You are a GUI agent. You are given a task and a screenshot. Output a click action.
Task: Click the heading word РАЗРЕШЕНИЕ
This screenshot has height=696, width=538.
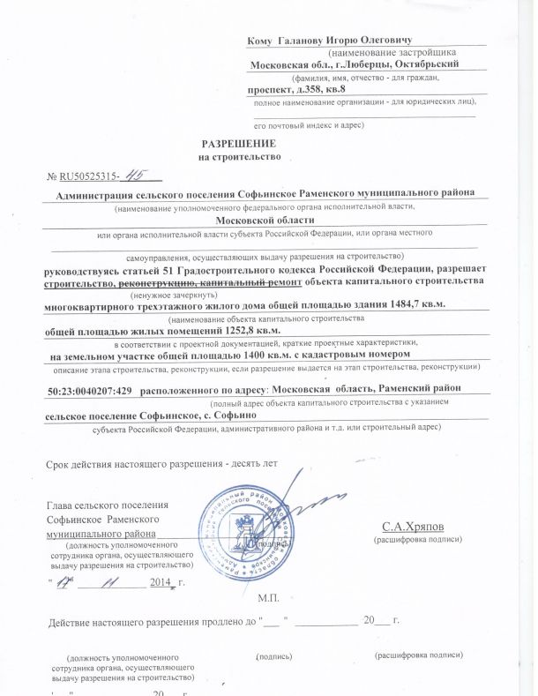click(x=239, y=143)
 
